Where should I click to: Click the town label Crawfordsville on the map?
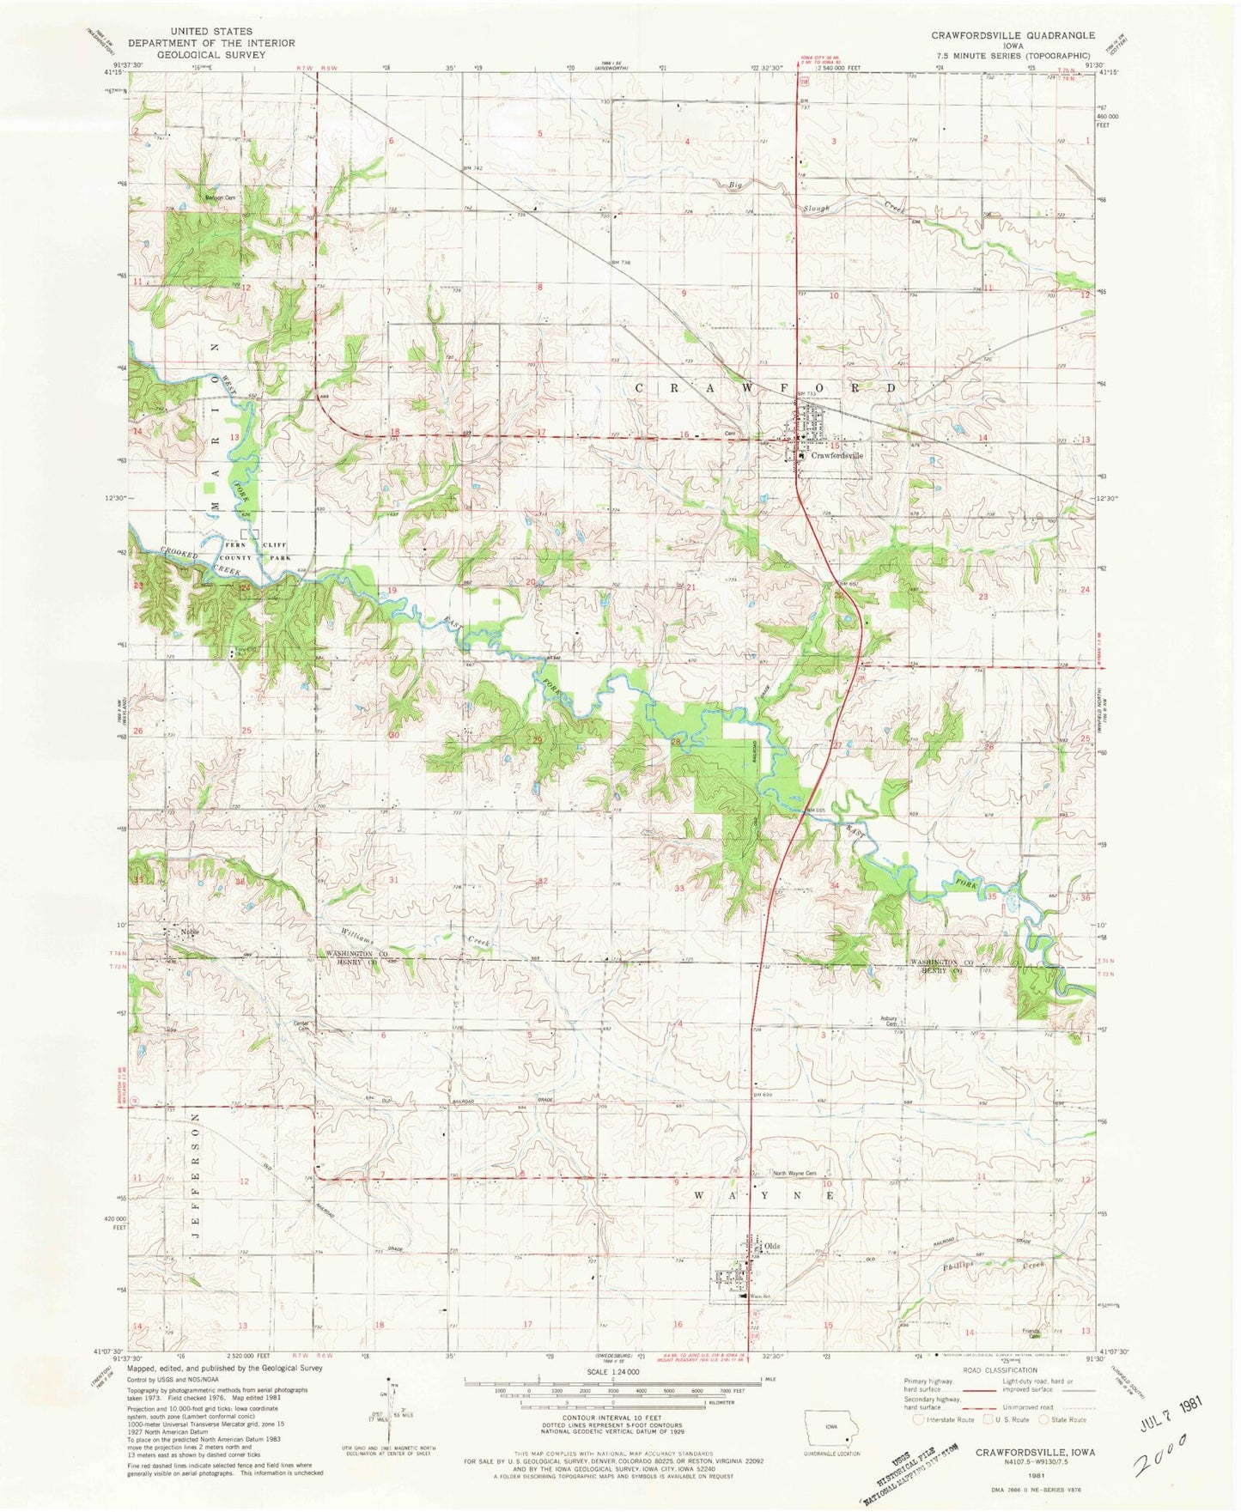(x=836, y=456)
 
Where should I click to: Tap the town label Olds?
(x=772, y=1246)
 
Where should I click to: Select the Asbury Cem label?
(x=889, y=1021)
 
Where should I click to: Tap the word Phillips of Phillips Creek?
(x=960, y=1265)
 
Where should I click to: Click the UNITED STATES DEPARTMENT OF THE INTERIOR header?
(x=211, y=42)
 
